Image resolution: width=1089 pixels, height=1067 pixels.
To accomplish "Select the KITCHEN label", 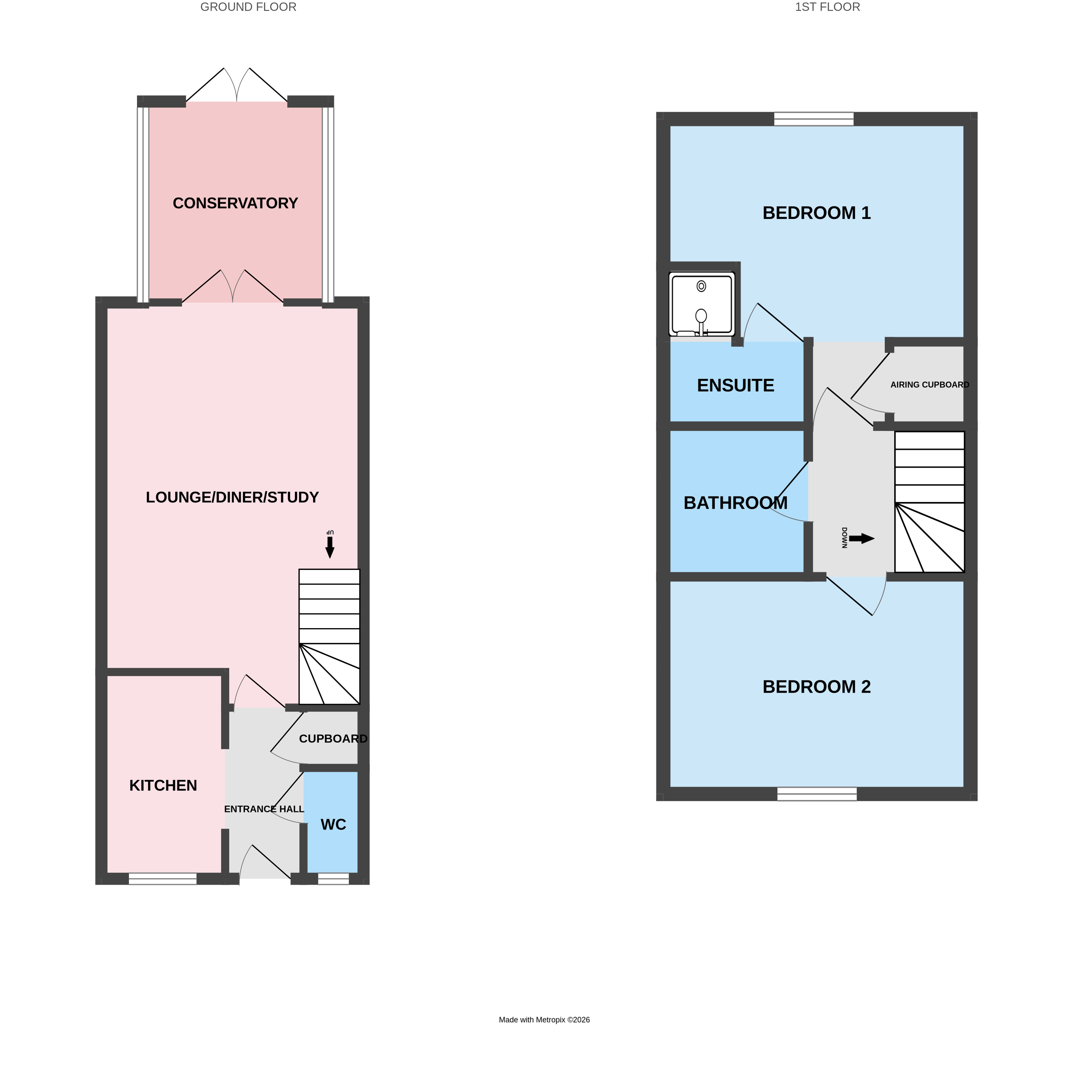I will pos(163,786).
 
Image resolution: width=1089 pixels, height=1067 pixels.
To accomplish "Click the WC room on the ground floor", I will pos(333,824).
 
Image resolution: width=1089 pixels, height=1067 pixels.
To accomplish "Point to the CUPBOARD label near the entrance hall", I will pos(333,739).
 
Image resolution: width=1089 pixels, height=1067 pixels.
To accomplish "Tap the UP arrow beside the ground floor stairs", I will pos(330,546).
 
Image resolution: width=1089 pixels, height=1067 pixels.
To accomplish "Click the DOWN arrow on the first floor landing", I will pos(861,539).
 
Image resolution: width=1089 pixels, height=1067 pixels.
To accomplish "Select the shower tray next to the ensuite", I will pos(701,304).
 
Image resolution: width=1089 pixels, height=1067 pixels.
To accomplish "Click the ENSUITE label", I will pos(735,385).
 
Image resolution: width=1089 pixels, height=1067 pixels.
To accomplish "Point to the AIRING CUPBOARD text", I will pos(929,385).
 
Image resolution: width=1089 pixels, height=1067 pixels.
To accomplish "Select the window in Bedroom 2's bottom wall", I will pos(817,794).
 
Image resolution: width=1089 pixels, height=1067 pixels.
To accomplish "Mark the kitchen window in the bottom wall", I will pos(162,879).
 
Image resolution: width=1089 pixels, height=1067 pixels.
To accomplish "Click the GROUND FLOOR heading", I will pos(248,7).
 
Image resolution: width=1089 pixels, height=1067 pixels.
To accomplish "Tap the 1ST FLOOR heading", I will pos(827,7).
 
